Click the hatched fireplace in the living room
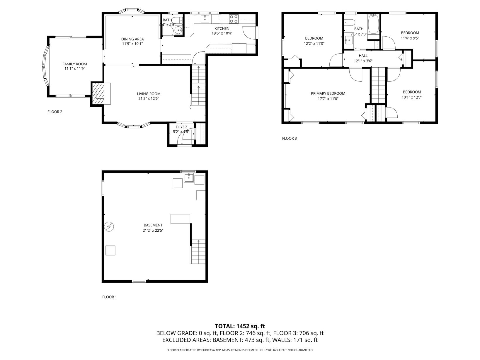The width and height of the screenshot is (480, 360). pyautogui.click(x=98, y=94)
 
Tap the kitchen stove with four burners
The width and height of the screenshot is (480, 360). pyautogui.click(x=234, y=19)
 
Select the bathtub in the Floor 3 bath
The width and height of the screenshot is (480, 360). pyautogui.click(x=373, y=24)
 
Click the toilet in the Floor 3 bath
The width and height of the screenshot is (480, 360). pyautogui.click(x=349, y=22)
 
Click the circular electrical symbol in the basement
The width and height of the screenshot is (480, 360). pyautogui.click(x=109, y=227)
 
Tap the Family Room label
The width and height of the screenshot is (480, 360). pyautogui.click(x=75, y=64)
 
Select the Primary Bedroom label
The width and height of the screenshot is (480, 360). pyautogui.click(x=328, y=93)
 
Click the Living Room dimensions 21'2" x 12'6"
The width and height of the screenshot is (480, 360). pyautogui.click(x=149, y=98)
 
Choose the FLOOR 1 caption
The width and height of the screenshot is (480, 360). pyautogui.click(x=110, y=297)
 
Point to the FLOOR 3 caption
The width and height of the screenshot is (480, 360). pyautogui.click(x=289, y=138)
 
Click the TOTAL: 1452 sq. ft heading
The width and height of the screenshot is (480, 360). pyautogui.click(x=240, y=326)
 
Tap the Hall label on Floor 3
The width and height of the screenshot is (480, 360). pyautogui.click(x=363, y=56)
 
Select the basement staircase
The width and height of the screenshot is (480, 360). pyautogui.click(x=198, y=252)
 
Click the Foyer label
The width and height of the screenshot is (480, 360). pyautogui.click(x=181, y=127)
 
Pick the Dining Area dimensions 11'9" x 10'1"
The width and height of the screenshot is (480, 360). pyautogui.click(x=132, y=44)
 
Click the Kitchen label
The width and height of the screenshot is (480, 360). pyautogui.click(x=222, y=28)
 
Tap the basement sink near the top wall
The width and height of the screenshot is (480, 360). pyautogui.click(x=189, y=178)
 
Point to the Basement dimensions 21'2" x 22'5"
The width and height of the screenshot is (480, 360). pyautogui.click(x=153, y=230)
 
